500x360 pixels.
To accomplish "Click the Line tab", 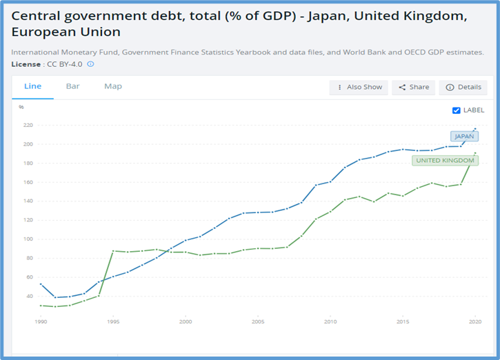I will pos(32,86).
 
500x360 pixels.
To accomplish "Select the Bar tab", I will pos(72,86).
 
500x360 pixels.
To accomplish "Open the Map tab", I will pos(113,86).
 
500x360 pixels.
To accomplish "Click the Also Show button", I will pos(359,88).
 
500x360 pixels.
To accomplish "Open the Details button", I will pos(463,88).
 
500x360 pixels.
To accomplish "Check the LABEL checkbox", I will pos(456,110).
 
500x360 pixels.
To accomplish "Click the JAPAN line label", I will pos(464,136).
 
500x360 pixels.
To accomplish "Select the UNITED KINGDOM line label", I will pos(445,161).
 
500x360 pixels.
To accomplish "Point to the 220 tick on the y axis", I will pos(28,126).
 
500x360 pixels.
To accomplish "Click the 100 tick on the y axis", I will pos(28,239).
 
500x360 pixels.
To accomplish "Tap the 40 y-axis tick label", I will pos(29,297).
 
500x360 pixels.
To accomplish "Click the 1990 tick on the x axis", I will pos(41,322).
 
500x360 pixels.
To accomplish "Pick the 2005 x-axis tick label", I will pos(258,322).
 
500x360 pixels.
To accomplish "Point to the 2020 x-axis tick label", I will pos(475,322).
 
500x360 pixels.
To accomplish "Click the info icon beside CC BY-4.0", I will pos(90,64).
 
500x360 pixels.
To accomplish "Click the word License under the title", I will pos(26,64).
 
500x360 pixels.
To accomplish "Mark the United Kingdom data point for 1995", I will pos(113,250).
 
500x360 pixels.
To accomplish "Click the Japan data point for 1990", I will pos(41,284).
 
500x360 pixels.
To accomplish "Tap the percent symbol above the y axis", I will pos(21,107).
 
